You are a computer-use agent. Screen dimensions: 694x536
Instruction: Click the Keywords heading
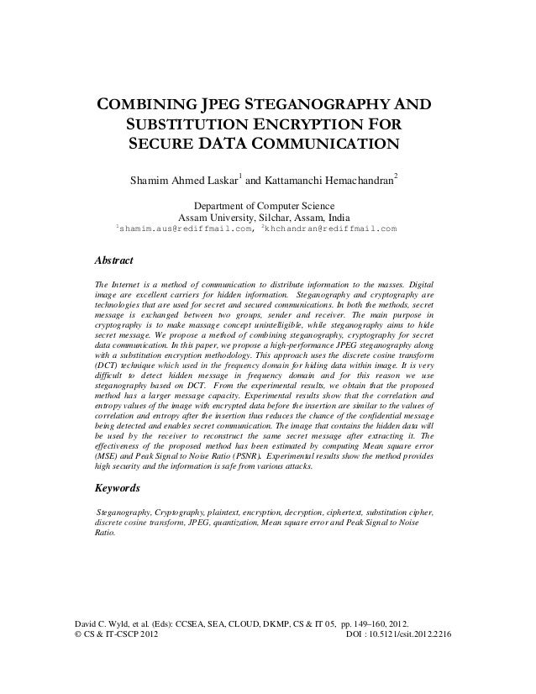[117, 487]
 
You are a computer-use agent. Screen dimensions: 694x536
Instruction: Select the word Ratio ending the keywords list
[105, 533]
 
